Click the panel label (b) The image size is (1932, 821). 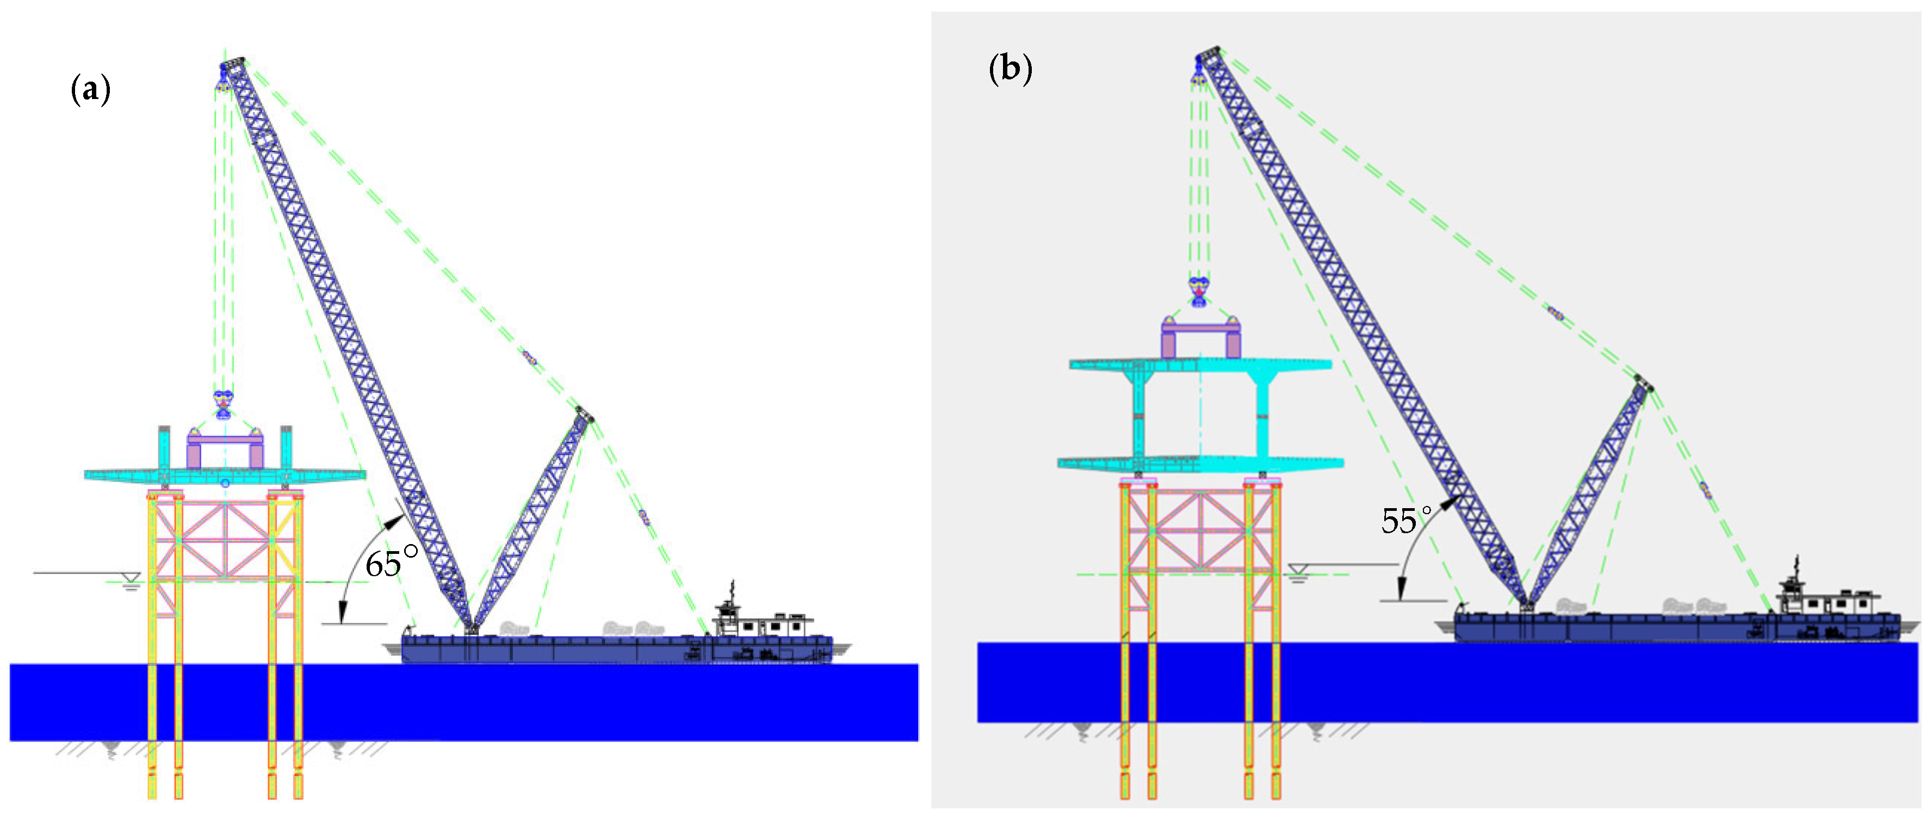[x=1010, y=69]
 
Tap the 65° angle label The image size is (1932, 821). [x=391, y=562]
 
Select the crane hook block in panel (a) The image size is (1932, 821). [x=223, y=404]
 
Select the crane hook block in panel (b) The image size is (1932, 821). [x=1198, y=291]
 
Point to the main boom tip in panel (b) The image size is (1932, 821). [x=1207, y=53]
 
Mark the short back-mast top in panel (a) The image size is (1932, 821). [x=584, y=414]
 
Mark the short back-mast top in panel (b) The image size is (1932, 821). [x=1644, y=384]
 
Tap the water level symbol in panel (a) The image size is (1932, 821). [x=131, y=580]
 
